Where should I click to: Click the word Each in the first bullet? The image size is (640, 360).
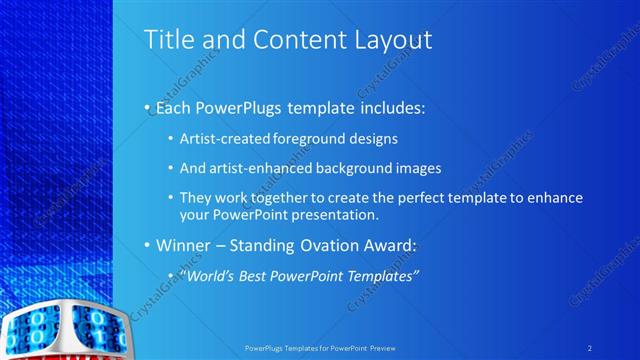[170, 105]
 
